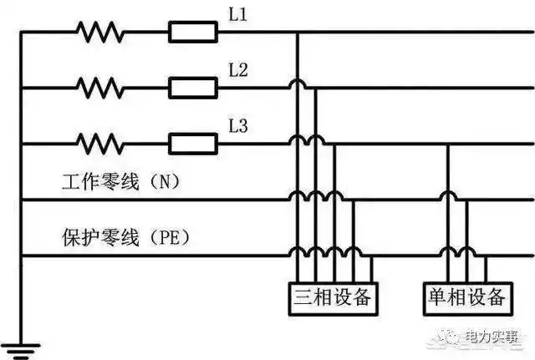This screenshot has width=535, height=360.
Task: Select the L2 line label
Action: [x=238, y=70]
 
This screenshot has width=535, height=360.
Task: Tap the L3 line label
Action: [x=238, y=126]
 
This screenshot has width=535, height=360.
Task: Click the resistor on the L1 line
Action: [x=99, y=33]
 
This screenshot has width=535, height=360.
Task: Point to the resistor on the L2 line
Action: [x=99, y=86]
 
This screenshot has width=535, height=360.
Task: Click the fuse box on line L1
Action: [x=193, y=33]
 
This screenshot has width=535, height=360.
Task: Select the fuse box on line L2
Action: [x=193, y=86]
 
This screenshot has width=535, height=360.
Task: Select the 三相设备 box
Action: [x=332, y=297]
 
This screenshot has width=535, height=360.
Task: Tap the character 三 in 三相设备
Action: [x=303, y=297]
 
